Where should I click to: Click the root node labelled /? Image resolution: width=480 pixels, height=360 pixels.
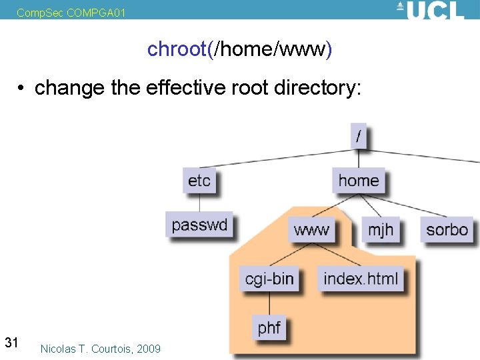[359, 136]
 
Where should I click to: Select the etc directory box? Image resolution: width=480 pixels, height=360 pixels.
[199, 181]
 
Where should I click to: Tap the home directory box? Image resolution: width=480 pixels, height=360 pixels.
[359, 181]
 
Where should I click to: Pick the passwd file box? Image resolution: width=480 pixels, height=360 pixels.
[199, 225]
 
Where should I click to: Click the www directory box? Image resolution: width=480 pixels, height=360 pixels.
[311, 230]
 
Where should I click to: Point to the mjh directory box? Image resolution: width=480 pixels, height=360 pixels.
[381, 230]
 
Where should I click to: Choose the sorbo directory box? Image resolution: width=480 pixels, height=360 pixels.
[447, 230]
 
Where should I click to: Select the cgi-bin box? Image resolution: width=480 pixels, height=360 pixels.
[269, 279]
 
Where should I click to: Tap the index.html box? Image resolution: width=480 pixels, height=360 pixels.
[361, 279]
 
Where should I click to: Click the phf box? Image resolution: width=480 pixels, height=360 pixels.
[269, 328]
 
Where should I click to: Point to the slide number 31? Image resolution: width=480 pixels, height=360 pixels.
[11, 343]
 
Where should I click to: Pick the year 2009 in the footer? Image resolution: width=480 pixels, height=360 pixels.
[149, 349]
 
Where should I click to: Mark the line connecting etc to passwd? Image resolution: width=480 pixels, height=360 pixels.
[199, 203]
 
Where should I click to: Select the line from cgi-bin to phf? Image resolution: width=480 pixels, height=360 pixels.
[269, 304]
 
